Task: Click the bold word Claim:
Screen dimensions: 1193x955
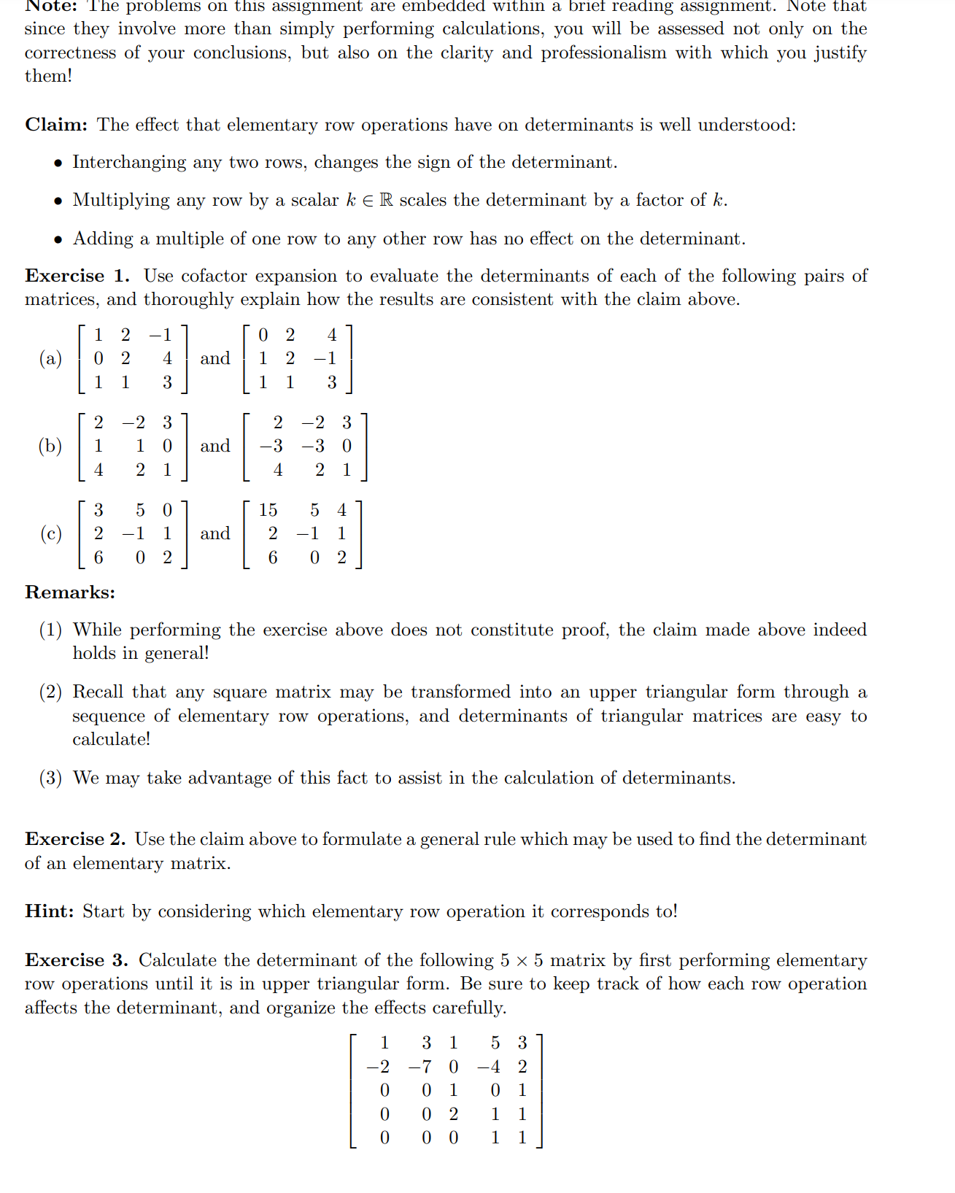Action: (56, 125)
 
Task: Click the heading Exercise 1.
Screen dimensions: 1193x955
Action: (77, 276)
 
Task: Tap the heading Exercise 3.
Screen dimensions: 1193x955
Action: (76, 960)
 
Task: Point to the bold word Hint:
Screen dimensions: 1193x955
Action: (49, 911)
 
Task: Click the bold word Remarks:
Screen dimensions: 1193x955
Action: (70, 592)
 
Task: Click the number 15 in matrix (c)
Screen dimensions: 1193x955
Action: (268, 510)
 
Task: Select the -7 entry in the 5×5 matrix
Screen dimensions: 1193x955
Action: (419, 1067)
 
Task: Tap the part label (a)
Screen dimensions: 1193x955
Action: (50, 358)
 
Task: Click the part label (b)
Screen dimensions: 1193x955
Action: (50, 446)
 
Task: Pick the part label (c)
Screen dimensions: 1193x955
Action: (50, 533)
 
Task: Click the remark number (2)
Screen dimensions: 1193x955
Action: (50, 692)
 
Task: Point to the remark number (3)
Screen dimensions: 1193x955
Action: (50, 778)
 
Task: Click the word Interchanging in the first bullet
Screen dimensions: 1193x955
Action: (129, 162)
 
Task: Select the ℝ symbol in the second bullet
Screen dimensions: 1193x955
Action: (386, 200)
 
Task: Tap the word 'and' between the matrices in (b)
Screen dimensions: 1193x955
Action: (214, 446)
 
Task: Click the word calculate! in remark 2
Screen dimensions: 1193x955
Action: (111, 739)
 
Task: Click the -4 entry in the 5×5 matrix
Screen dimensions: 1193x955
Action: (489, 1067)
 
